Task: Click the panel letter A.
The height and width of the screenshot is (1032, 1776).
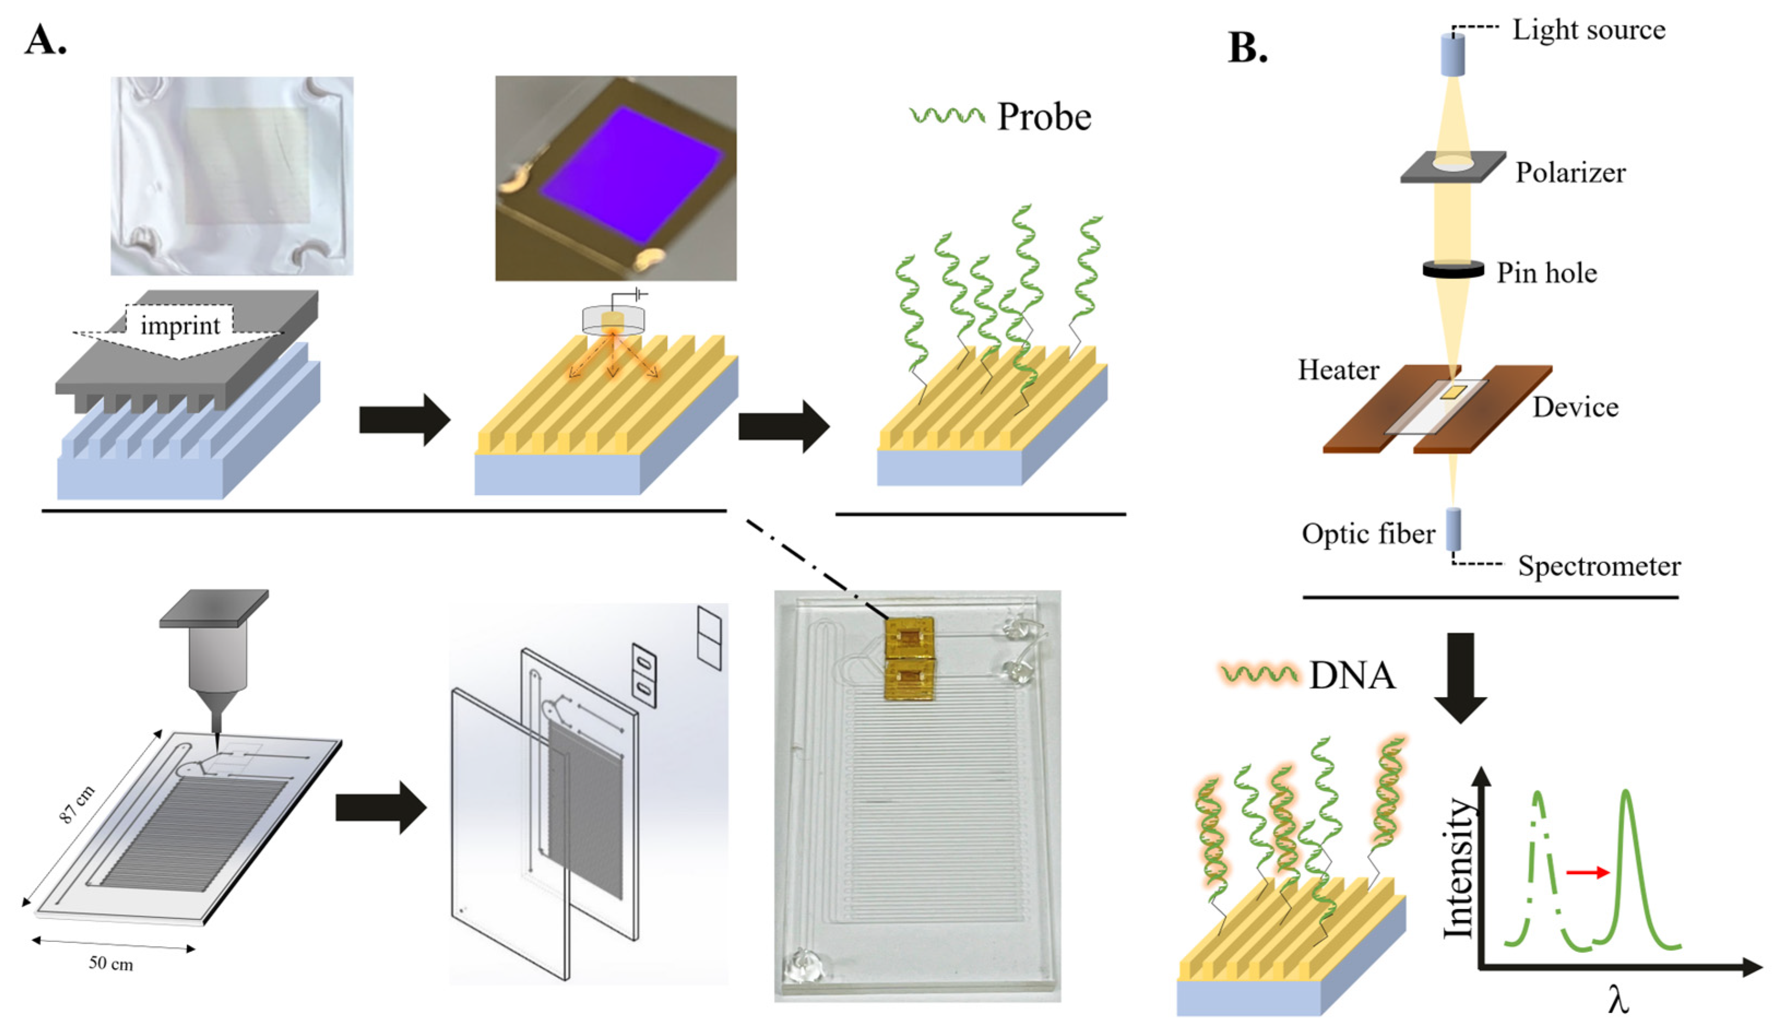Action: tap(45, 40)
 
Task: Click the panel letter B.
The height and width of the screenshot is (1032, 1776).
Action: tap(1247, 49)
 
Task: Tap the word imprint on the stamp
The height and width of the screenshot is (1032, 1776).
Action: tap(180, 325)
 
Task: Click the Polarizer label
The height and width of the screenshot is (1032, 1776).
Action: tap(1570, 172)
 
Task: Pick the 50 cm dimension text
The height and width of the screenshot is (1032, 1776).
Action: tap(111, 963)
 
